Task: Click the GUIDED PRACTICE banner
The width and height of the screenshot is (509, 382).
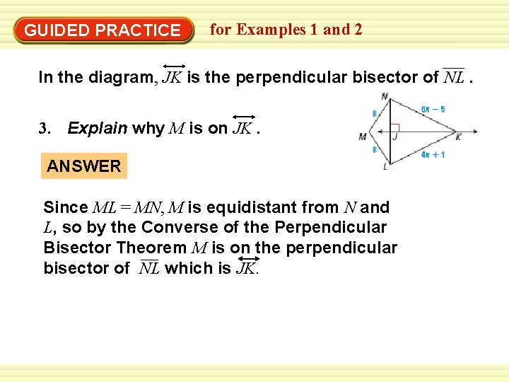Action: click(103, 30)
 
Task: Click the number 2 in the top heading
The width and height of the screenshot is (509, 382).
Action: click(358, 30)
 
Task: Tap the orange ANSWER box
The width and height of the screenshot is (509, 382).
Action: click(83, 166)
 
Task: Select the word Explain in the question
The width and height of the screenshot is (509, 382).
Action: click(98, 129)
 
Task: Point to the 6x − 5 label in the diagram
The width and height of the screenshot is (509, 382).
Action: click(433, 109)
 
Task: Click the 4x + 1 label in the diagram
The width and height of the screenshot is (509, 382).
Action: click(433, 154)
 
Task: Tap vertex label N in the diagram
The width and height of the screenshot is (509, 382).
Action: click(384, 97)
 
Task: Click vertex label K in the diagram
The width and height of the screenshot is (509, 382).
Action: click(458, 137)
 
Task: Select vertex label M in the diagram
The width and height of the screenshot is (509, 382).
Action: click(362, 137)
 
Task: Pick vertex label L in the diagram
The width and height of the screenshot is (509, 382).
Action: click(385, 167)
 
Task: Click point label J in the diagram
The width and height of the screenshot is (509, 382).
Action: click(395, 137)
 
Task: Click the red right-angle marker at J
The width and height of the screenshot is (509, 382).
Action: click(395, 127)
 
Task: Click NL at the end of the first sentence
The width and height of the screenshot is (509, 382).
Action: click(453, 77)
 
